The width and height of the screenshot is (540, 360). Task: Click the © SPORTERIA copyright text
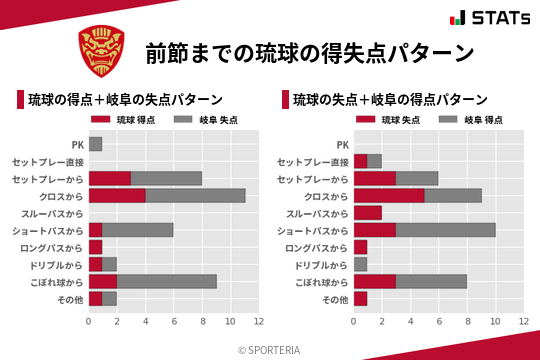[x=270, y=349]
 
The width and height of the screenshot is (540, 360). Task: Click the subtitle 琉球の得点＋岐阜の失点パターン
[x=124, y=100]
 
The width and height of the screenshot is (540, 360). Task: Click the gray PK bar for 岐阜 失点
[x=95, y=144]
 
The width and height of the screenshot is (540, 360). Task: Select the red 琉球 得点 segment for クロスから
[x=117, y=195]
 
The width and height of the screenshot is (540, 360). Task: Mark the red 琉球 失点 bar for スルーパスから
[x=368, y=212]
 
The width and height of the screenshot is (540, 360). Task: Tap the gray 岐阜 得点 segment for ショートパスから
[x=446, y=230]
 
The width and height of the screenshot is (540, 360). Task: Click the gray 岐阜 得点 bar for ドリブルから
[x=361, y=264]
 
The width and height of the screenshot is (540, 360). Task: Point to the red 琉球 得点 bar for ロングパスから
[x=95, y=247]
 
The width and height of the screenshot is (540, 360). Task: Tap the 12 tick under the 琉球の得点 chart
[x=259, y=321]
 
